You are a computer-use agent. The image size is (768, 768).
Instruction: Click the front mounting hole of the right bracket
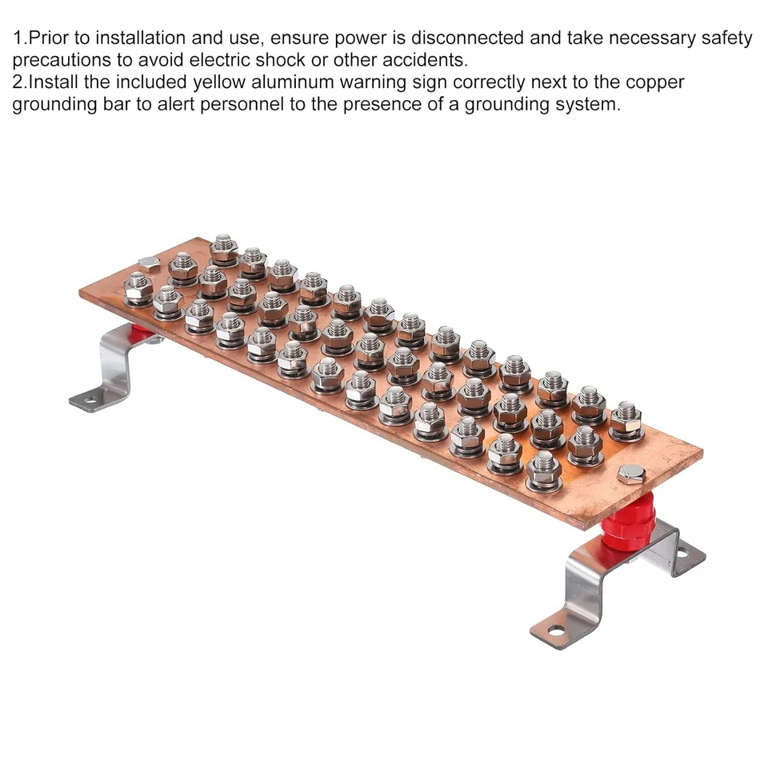552,630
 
